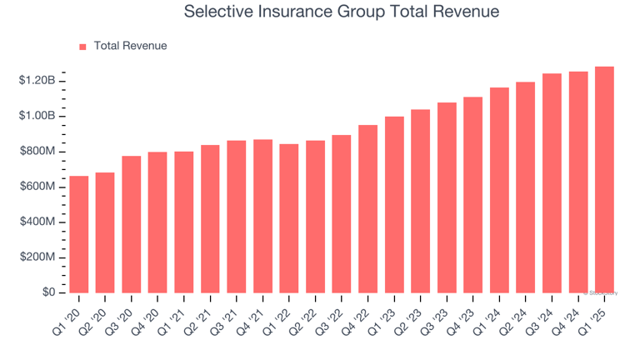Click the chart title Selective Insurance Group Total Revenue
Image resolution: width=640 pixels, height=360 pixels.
pyautogui.click(x=341, y=12)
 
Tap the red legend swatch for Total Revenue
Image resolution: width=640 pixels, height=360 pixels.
pyautogui.click(x=82, y=47)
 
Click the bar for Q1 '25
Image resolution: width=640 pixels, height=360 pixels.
pyautogui.click(x=604, y=179)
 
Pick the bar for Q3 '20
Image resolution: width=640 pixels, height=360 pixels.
pyautogui.click(x=132, y=224)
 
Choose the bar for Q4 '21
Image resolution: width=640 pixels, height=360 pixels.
pyautogui.click(x=263, y=216)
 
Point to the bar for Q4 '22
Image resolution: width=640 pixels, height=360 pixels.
pyautogui.click(x=368, y=208)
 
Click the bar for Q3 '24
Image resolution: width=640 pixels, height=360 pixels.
pyautogui.click(x=552, y=183)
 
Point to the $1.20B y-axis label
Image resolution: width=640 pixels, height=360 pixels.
pyautogui.click(x=37, y=80)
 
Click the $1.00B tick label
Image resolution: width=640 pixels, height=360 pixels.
pyautogui.click(x=37, y=115)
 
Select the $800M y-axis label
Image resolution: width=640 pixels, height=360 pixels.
pyautogui.click(x=37, y=151)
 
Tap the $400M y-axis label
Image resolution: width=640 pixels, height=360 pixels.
pyautogui.click(x=37, y=222)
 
